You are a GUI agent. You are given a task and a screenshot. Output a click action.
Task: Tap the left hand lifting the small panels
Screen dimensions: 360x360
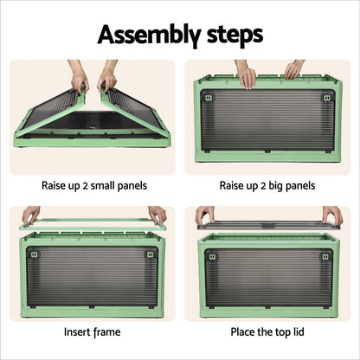79,79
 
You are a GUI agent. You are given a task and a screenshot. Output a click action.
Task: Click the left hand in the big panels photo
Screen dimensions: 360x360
246,74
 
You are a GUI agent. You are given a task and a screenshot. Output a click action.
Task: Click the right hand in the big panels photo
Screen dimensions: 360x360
294,69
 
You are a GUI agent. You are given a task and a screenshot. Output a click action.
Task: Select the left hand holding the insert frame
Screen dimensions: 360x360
31,214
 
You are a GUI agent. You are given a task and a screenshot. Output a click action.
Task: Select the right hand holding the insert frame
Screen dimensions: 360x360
157,214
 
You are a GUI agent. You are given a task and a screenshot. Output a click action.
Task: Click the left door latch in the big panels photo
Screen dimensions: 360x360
205,98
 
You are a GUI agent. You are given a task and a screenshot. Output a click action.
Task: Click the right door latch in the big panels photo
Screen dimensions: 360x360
326,98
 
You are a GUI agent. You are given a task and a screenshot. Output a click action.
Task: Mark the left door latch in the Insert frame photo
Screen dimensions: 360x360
30,254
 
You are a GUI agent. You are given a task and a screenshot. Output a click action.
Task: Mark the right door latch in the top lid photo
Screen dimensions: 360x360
325,256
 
